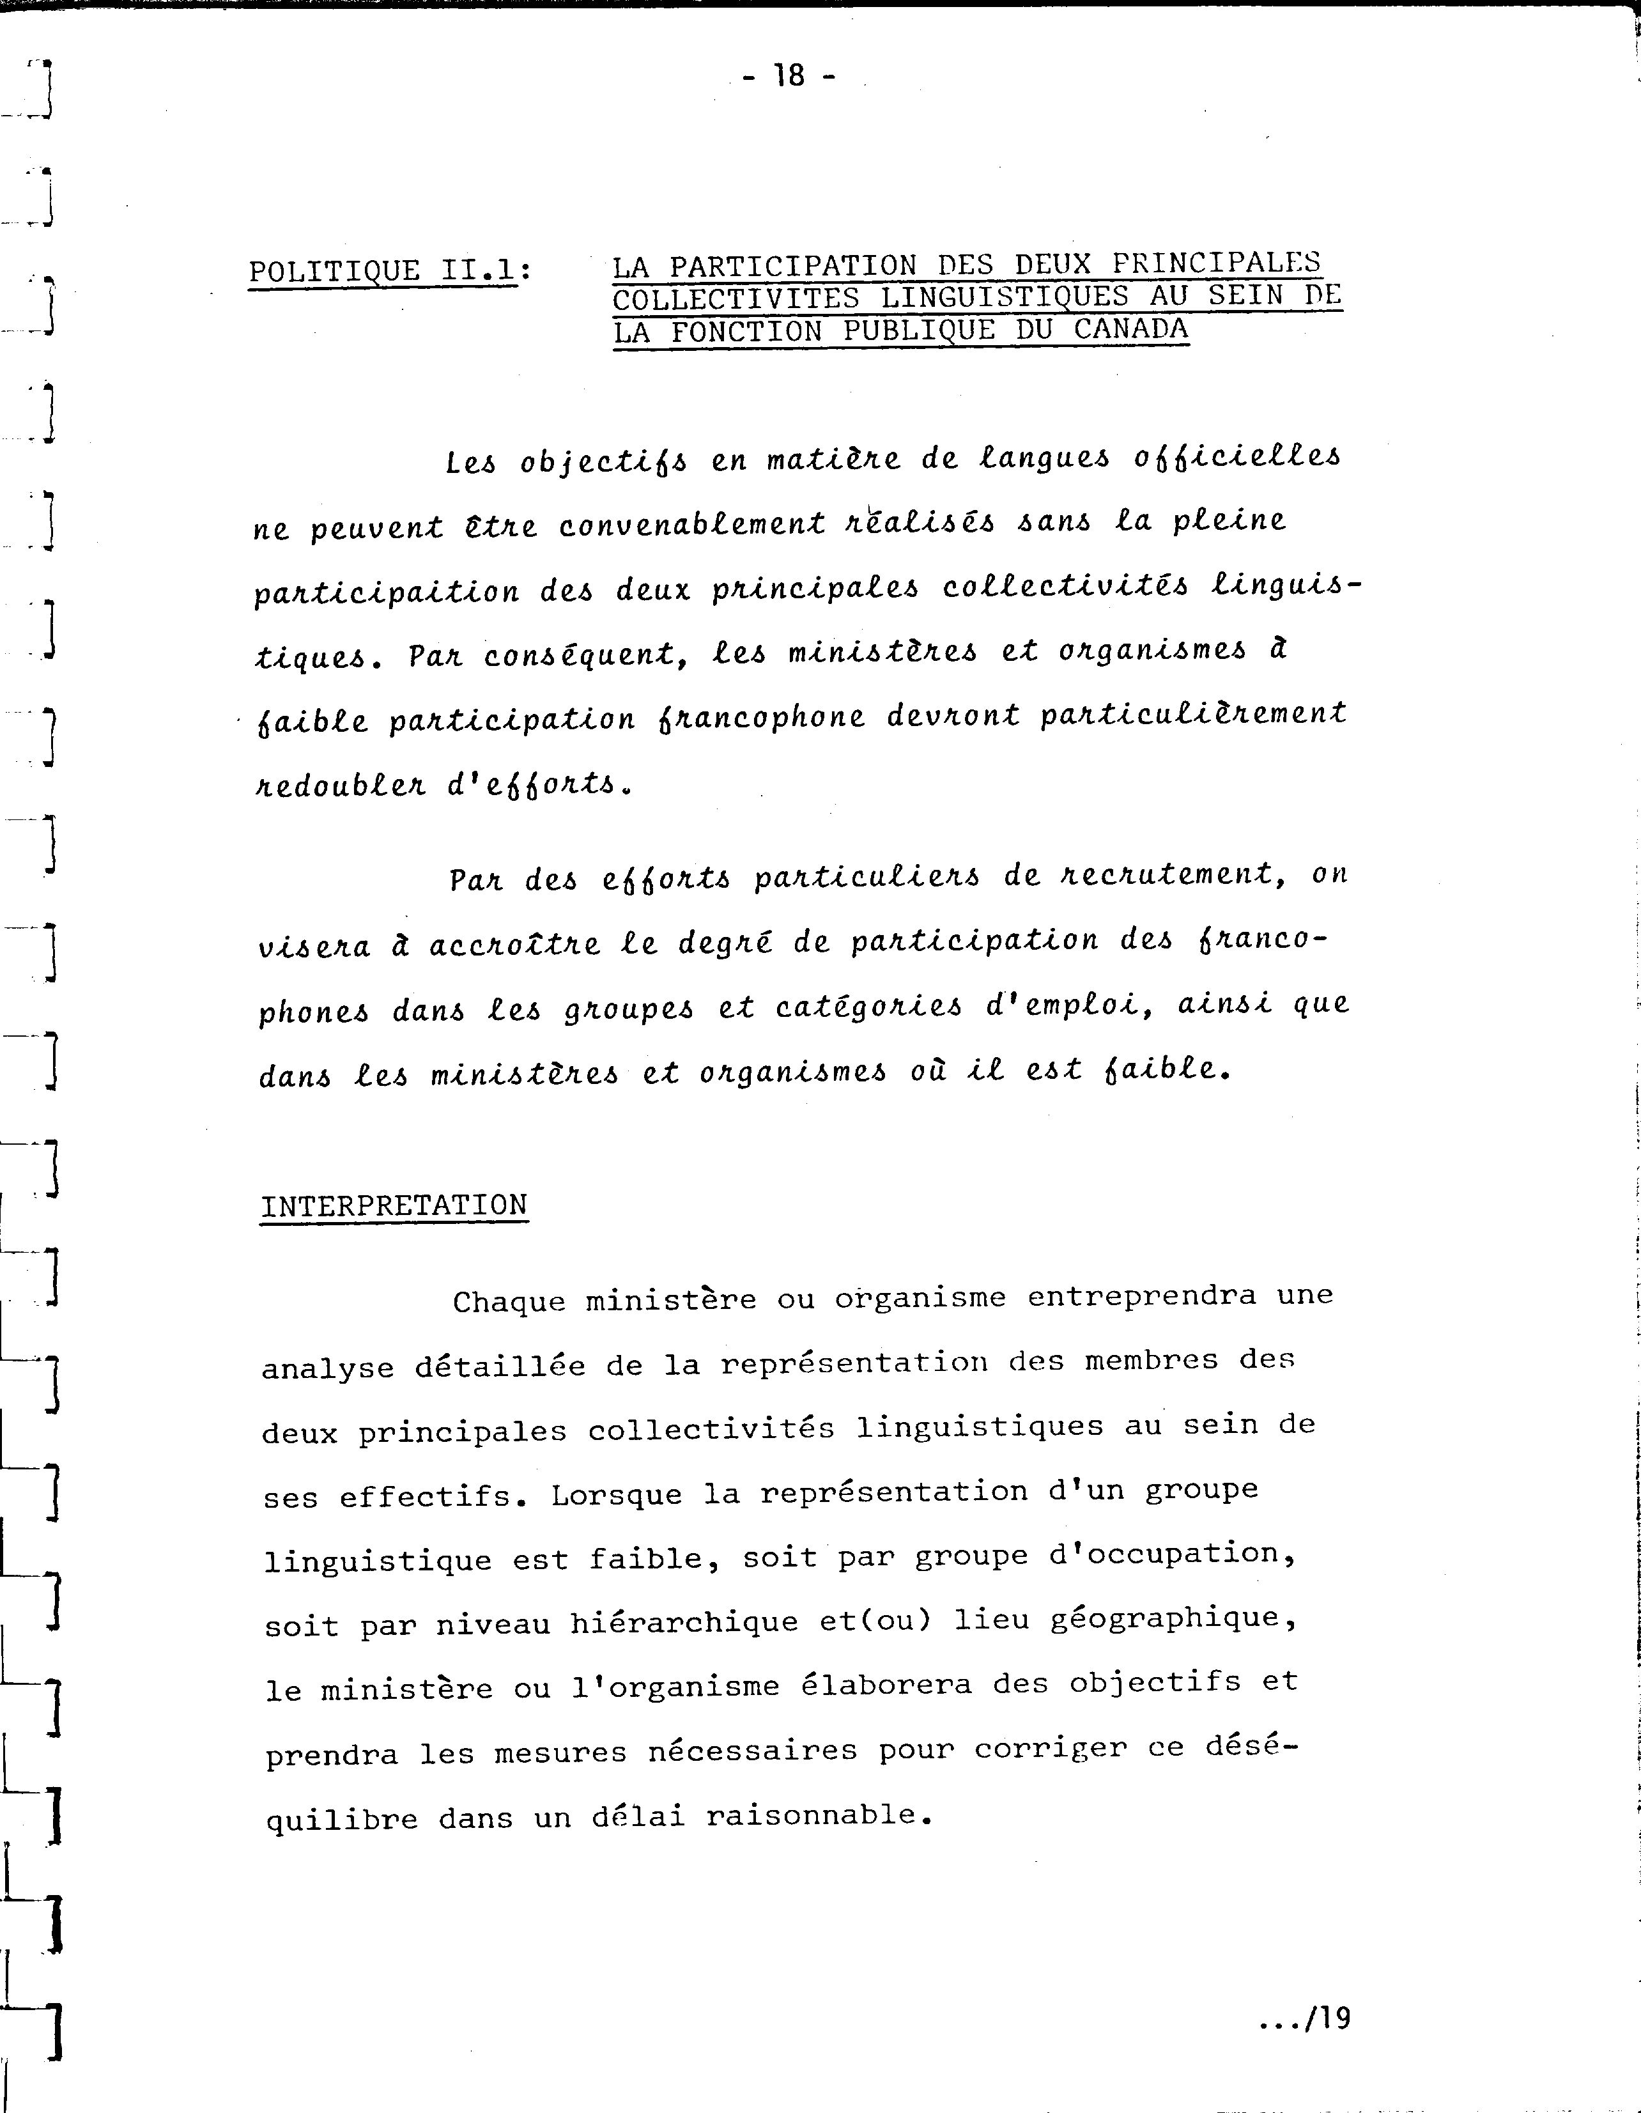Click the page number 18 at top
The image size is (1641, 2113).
point(789,75)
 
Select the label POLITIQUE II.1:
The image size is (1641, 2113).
point(390,272)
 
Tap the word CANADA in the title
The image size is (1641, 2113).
point(1130,330)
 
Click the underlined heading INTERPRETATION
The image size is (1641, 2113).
point(394,1205)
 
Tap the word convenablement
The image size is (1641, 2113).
point(693,523)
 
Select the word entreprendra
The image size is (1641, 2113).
point(1142,1296)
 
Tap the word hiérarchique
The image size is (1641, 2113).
point(684,1622)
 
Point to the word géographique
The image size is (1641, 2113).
point(1124,1618)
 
